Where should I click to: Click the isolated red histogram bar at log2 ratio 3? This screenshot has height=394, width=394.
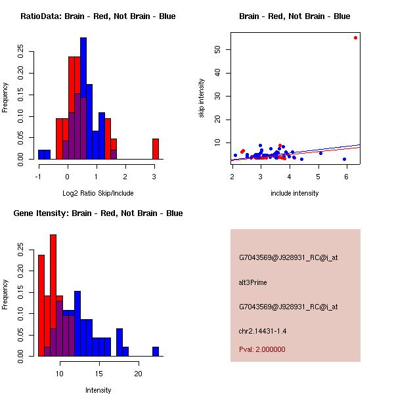click(156, 148)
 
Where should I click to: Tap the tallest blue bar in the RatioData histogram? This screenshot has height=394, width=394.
click(83, 98)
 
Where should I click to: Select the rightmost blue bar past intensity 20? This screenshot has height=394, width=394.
click(156, 351)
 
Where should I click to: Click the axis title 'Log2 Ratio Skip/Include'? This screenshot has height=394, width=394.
click(98, 192)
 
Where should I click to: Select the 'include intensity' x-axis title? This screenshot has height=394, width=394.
click(295, 192)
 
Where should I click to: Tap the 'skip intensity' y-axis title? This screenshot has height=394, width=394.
click(202, 98)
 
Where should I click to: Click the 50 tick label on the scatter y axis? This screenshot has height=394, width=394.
click(225, 49)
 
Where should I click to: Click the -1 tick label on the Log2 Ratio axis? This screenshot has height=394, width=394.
click(39, 176)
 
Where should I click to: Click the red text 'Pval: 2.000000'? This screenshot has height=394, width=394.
click(262, 349)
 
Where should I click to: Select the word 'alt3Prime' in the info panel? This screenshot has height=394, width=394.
click(253, 282)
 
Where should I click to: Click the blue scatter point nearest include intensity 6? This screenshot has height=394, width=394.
click(344, 159)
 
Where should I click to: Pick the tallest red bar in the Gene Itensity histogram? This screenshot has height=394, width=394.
click(53, 295)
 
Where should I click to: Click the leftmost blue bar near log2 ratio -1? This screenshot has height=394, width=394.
click(44, 154)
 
